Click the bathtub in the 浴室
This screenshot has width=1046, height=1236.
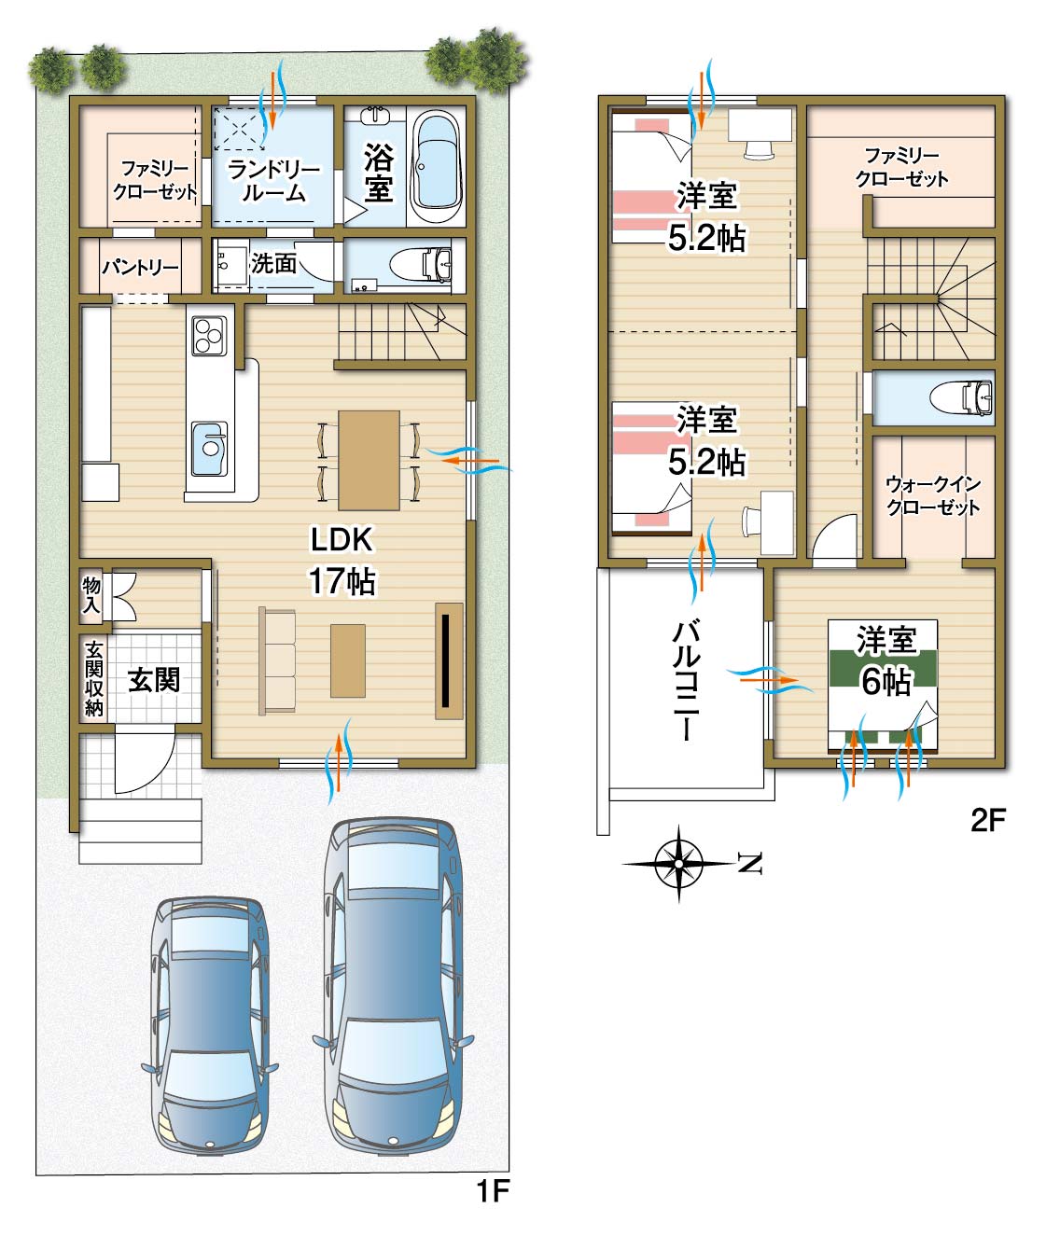tap(438, 166)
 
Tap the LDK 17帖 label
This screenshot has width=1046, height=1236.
tap(342, 560)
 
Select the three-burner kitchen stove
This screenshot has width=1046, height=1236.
tap(209, 336)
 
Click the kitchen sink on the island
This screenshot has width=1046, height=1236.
tap(209, 449)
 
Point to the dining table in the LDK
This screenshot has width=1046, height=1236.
tap(369, 460)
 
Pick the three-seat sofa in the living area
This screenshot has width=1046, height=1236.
tap(277, 660)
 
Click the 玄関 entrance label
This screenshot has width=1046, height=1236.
tap(154, 680)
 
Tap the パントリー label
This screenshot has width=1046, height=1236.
tap(140, 267)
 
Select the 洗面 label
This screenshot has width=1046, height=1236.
tap(273, 263)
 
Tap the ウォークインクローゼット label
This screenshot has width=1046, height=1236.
tap(932, 495)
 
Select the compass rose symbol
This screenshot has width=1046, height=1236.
tap(678, 864)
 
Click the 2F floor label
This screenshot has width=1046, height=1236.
tap(988, 820)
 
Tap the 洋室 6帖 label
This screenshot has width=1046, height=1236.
tap(886, 661)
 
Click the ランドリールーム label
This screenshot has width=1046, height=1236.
tap(273, 181)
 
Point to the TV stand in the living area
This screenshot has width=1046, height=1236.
tap(449, 660)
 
